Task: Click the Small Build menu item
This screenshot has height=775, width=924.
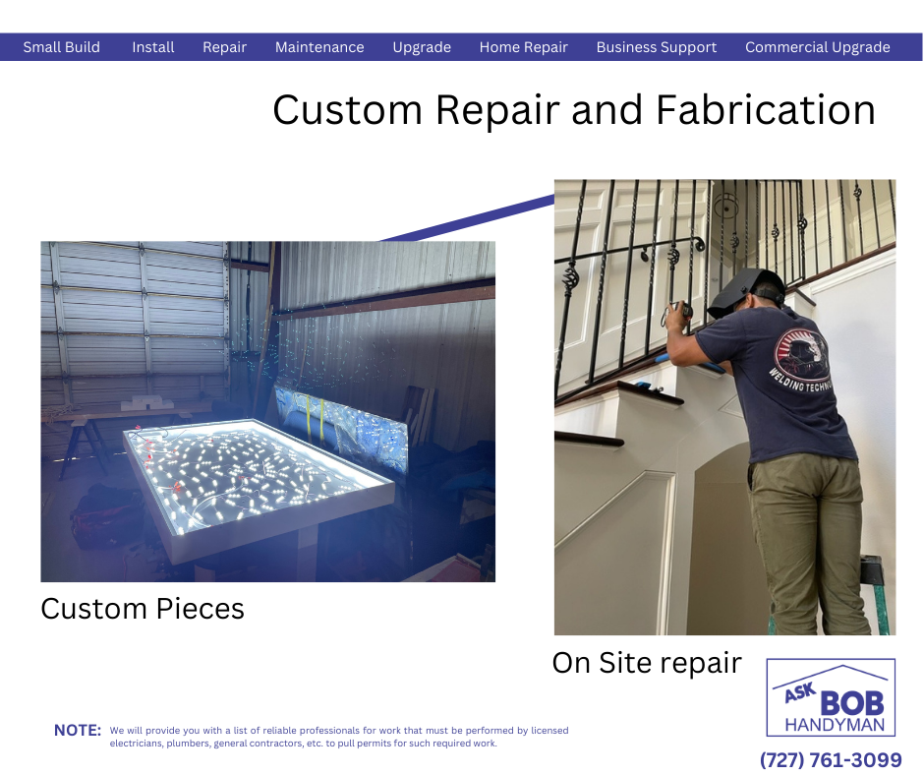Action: coord(61,47)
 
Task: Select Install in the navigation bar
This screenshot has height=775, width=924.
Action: coord(153,47)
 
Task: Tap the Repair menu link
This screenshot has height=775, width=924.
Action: coord(224,47)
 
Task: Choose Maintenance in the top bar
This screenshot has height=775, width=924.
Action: coord(319,47)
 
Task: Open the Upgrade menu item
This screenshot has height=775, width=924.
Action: coord(422,47)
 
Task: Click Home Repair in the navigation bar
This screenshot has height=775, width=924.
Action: coord(524,47)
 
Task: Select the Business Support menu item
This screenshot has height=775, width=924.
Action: coord(657,47)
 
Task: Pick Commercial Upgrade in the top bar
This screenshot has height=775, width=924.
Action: coord(818,47)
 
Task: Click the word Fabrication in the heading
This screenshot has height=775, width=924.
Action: coord(766,110)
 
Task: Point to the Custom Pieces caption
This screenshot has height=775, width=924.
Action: coord(143,609)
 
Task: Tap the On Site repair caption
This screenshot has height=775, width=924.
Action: coord(647,663)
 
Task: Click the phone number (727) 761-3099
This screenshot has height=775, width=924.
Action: coord(831,759)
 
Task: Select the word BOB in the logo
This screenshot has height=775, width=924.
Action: coord(852,703)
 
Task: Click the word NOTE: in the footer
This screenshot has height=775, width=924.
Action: coord(78,730)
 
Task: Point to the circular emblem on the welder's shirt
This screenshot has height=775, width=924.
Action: coord(800,356)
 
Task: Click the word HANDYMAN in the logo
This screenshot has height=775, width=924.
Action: coord(835,725)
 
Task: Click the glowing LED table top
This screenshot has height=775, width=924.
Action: coord(260,472)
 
